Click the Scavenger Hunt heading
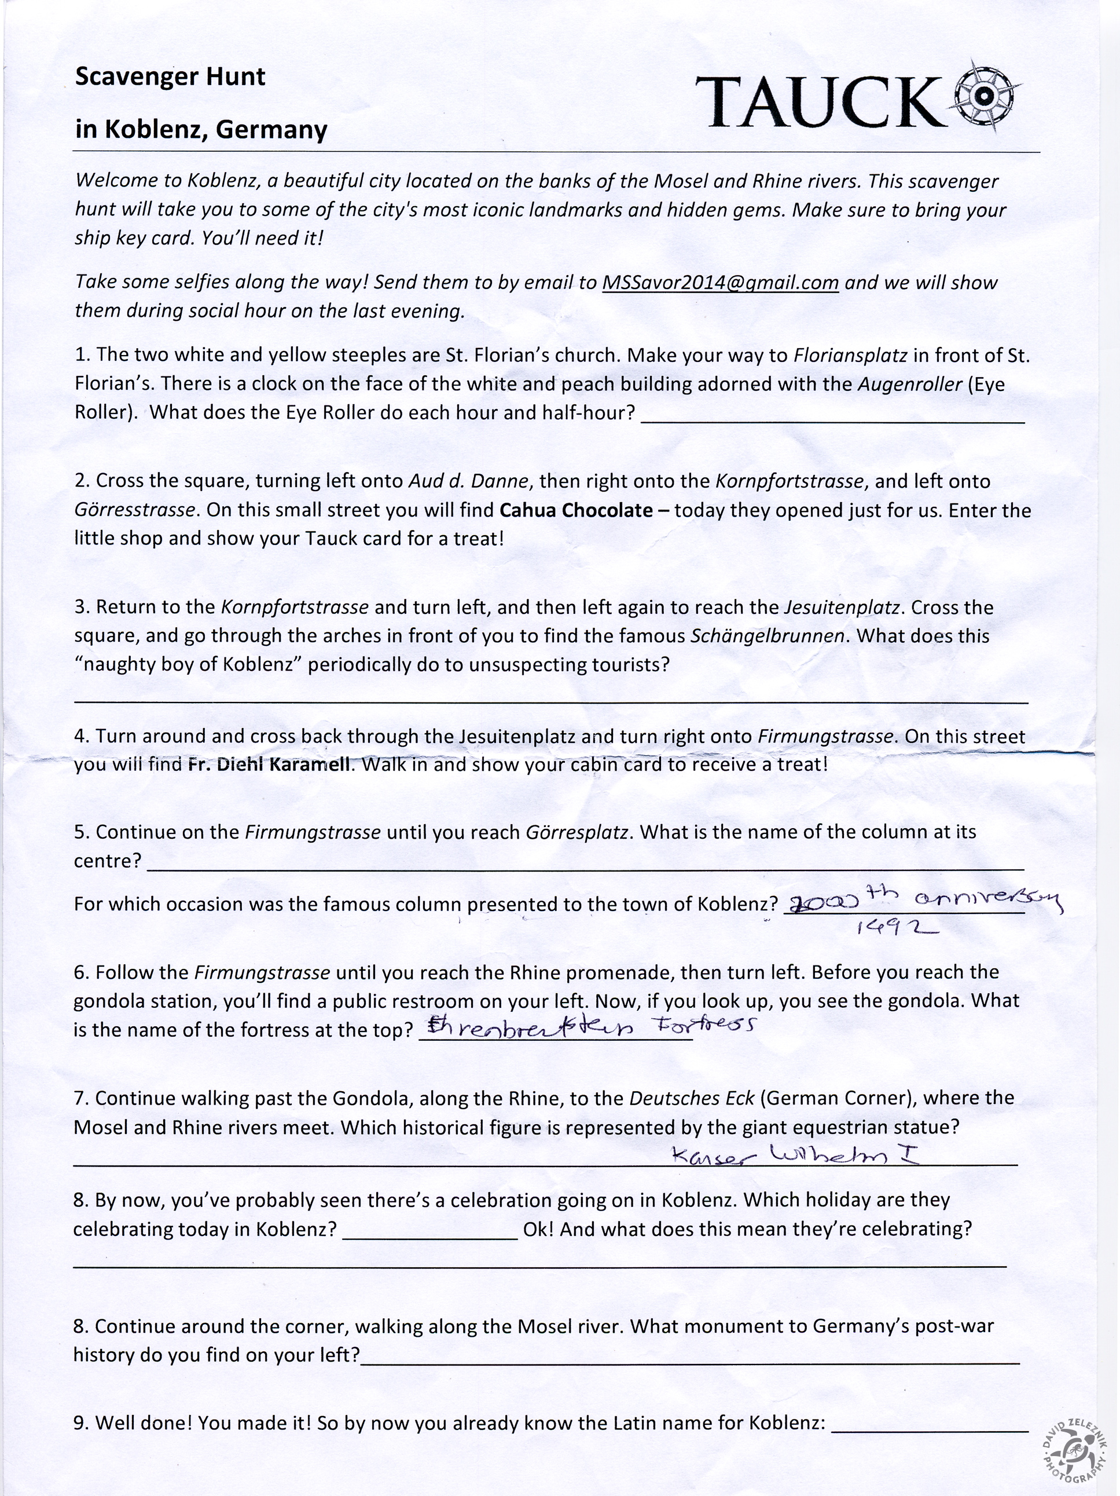coord(170,76)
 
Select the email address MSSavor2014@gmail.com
coord(720,282)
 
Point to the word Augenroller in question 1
coord(909,384)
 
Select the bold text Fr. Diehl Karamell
coord(269,765)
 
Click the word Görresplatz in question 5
coord(576,831)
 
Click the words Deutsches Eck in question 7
coord(691,1098)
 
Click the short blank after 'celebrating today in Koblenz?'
coord(431,1238)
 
